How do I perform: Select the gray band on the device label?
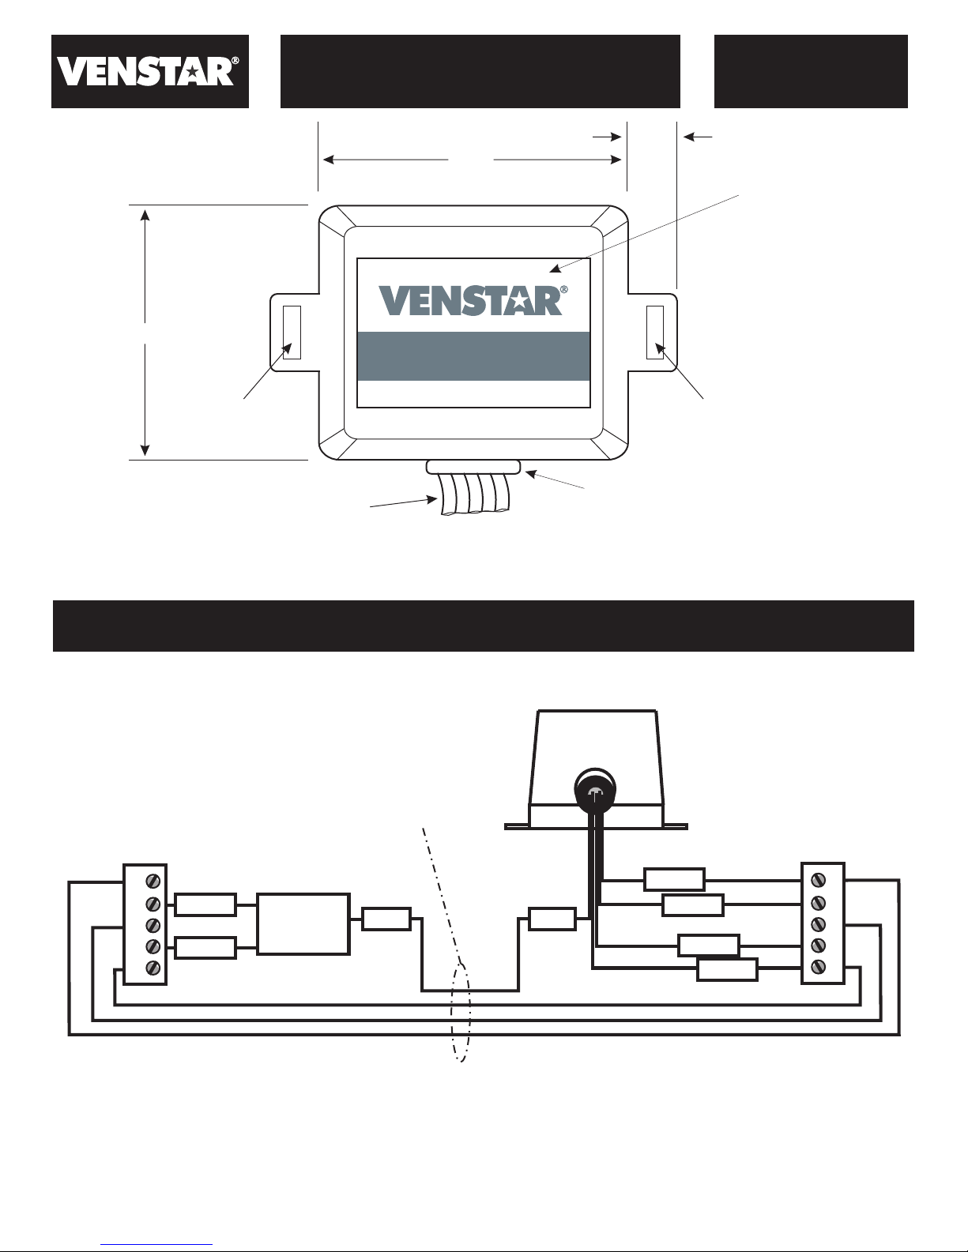tap(473, 356)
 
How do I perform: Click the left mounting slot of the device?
tap(292, 333)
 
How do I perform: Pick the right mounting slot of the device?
tap(654, 333)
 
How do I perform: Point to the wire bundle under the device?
tap(475, 494)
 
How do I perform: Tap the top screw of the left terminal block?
tap(153, 881)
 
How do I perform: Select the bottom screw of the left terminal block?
tap(153, 968)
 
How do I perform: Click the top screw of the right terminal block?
tap(818, 880)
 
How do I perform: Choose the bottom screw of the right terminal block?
tap(818, 967)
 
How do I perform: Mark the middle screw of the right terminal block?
tap(818, 924)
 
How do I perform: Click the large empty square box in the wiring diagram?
tap(303, 924)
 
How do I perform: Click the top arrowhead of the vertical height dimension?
tap(145, 215)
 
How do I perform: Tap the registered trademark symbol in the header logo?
tap(235, 60)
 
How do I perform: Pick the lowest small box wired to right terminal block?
tap(727, 970)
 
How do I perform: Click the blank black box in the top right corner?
tap(811, 71)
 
